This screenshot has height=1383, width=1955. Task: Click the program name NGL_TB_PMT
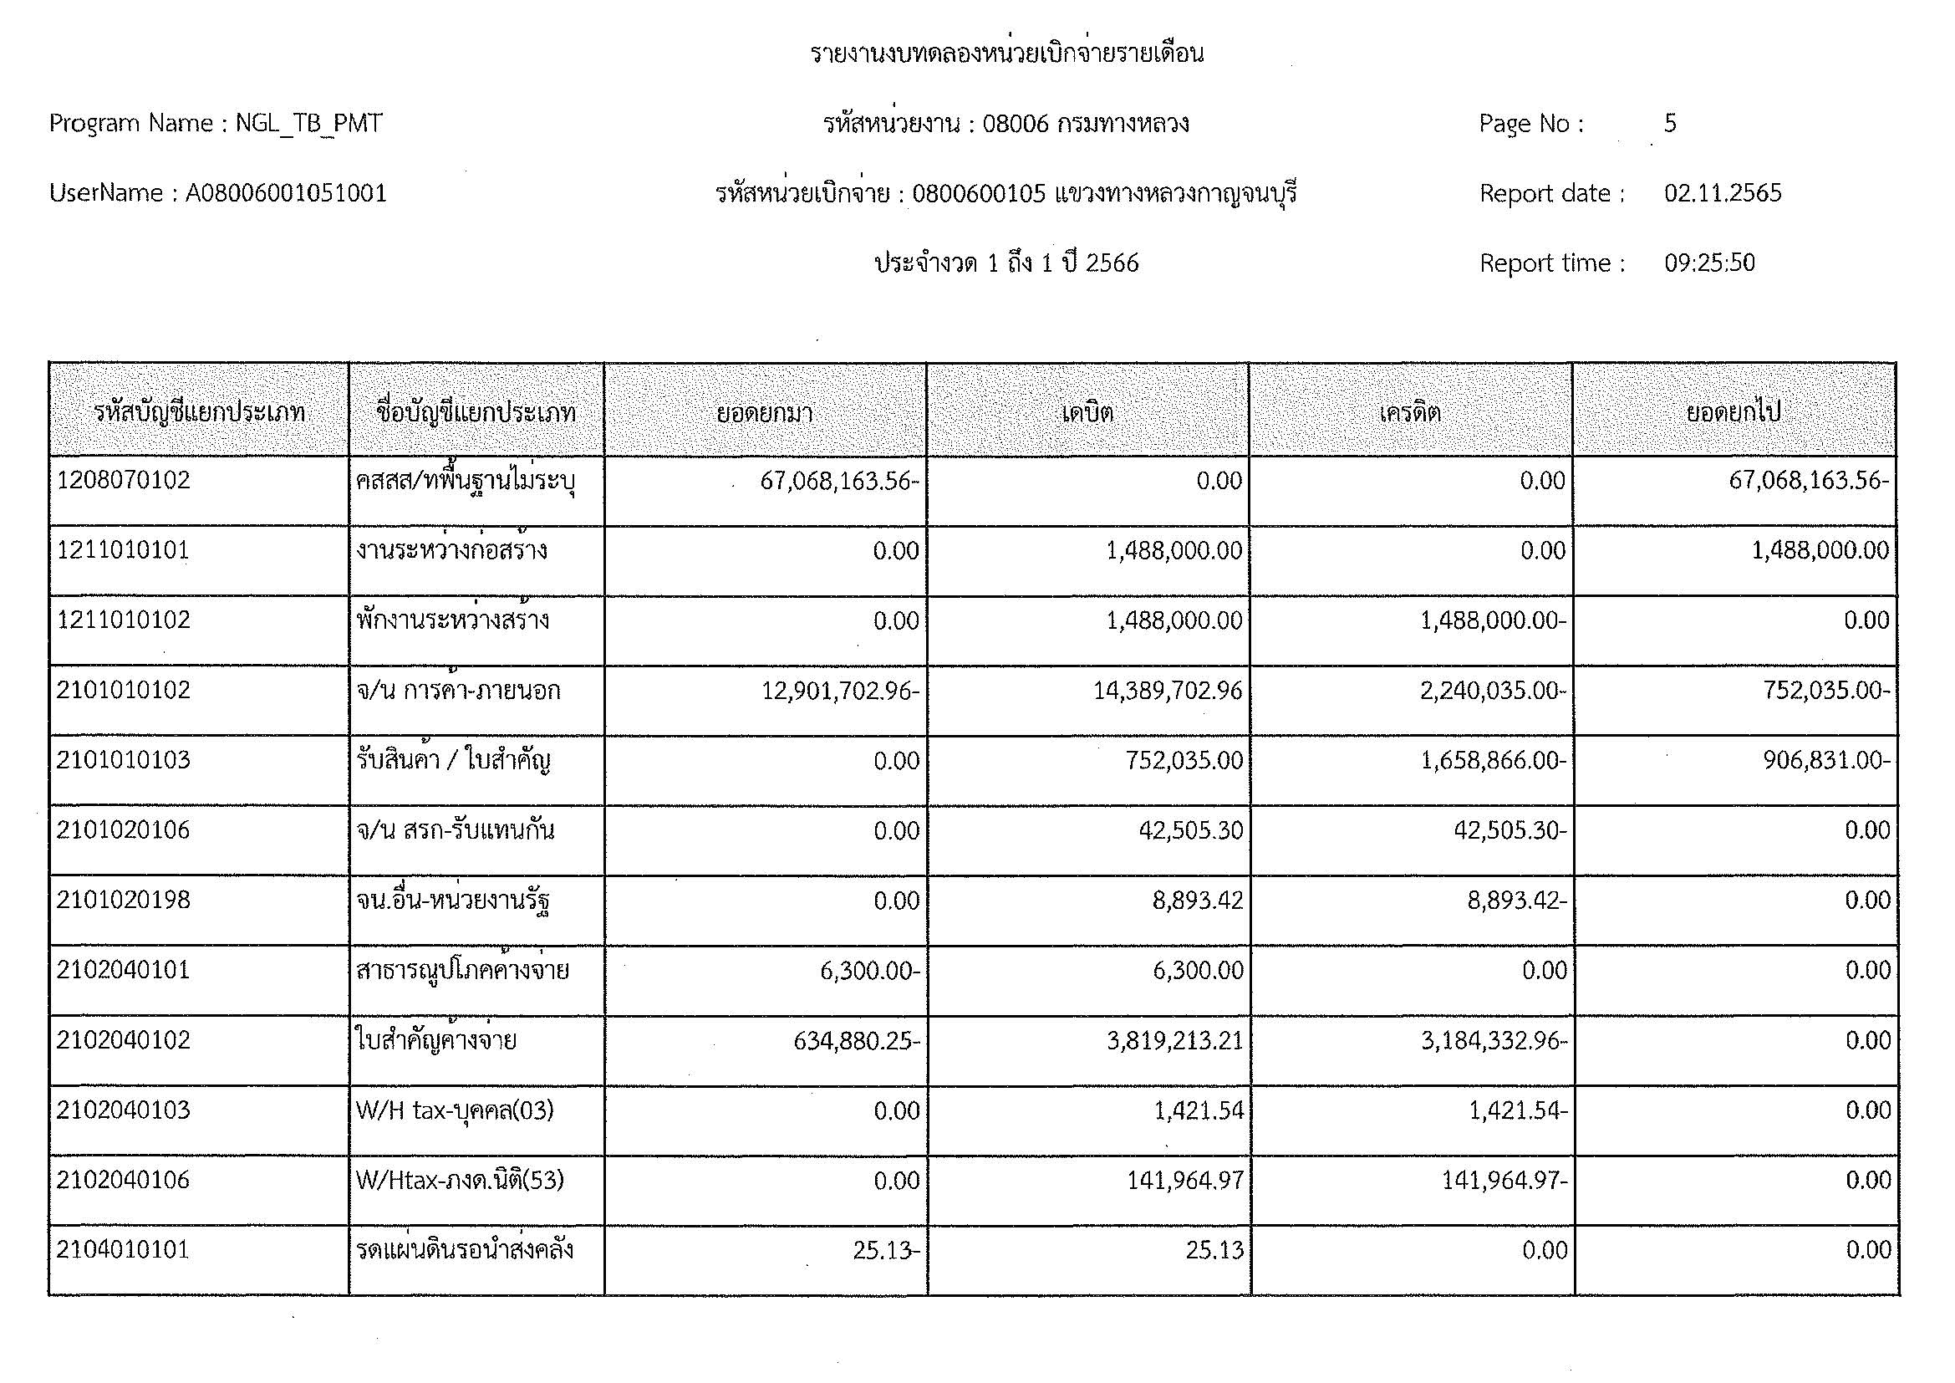coord(308,124)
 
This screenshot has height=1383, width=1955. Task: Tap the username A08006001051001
coord(286,193)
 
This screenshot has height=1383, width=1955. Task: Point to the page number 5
coord(1670,124)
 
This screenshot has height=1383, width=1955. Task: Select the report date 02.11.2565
coord(1723,193)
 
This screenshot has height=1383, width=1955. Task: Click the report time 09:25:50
coord(1709,263)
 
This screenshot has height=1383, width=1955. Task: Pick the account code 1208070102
coord(124,480)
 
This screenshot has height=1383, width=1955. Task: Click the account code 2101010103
coord(124,759)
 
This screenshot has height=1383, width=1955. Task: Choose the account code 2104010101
coord(124,1250)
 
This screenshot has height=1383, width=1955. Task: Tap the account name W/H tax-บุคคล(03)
coord(455,1110)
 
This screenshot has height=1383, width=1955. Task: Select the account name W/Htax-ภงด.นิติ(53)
coord(460,1181)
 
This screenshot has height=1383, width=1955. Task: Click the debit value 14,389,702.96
coord(1168,690)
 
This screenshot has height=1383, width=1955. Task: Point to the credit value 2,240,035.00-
coord(1493,690)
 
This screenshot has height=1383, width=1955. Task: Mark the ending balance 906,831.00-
coord(1826,759)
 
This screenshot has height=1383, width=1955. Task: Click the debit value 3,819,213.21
coord(1174,1041)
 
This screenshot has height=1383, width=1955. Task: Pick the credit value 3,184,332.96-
coord(1494,1041)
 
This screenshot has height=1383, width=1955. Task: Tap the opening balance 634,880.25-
coord(856,1041)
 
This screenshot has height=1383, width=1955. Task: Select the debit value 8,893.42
coord(1198,901)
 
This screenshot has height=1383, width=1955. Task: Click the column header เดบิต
coord(1087,413)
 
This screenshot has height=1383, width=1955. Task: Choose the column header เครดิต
coord(1410,413)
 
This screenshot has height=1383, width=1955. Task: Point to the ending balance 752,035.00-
coord(1826,690)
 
